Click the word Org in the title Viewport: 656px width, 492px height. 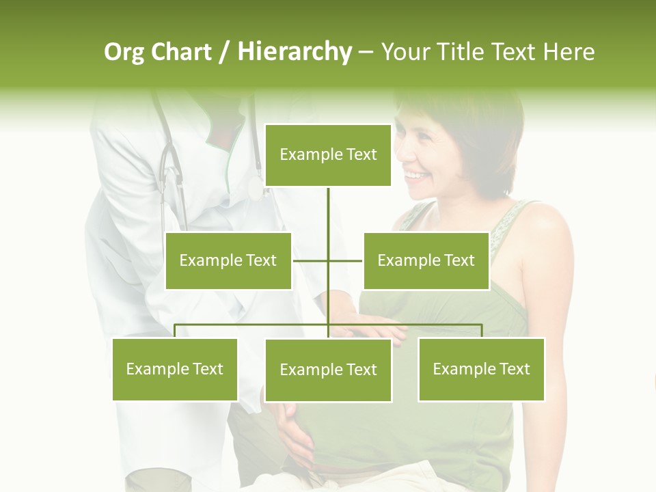click(x=124, y=52)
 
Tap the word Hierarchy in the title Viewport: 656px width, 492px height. click(x=295, y=52)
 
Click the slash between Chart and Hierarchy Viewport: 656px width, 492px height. click(x=223, y=53)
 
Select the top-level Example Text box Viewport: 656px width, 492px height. click(x=328, y=155)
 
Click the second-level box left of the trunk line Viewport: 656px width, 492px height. click(x=228, y=260)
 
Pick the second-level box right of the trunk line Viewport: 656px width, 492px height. click(x=426, y=260)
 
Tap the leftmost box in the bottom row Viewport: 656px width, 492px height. click(x=175, y=369)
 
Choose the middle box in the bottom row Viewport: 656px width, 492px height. click(x=328, y=370)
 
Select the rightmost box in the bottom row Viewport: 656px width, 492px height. click(x=481, y=369)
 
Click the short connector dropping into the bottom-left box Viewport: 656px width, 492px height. click(x=175, y=331)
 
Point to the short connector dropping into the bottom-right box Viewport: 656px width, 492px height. click(x=482, y=331)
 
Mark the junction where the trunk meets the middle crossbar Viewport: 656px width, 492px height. click(x=328, y=260)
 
